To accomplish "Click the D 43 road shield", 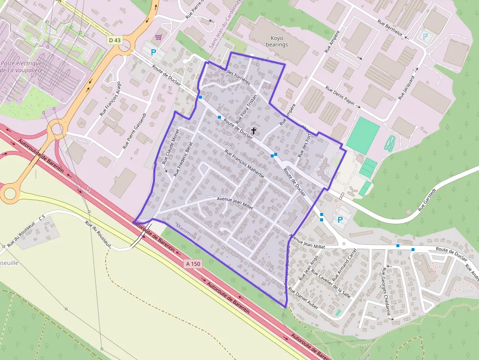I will tap(114, 40).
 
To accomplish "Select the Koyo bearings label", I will tap(276, 41).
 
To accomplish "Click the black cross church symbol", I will tap(254, 130).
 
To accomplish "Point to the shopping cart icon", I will tap(158, 37).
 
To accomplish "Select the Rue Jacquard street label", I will tap(406, 87).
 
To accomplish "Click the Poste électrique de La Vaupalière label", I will tap(22, 67).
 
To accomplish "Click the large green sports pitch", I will tap(363, 134).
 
